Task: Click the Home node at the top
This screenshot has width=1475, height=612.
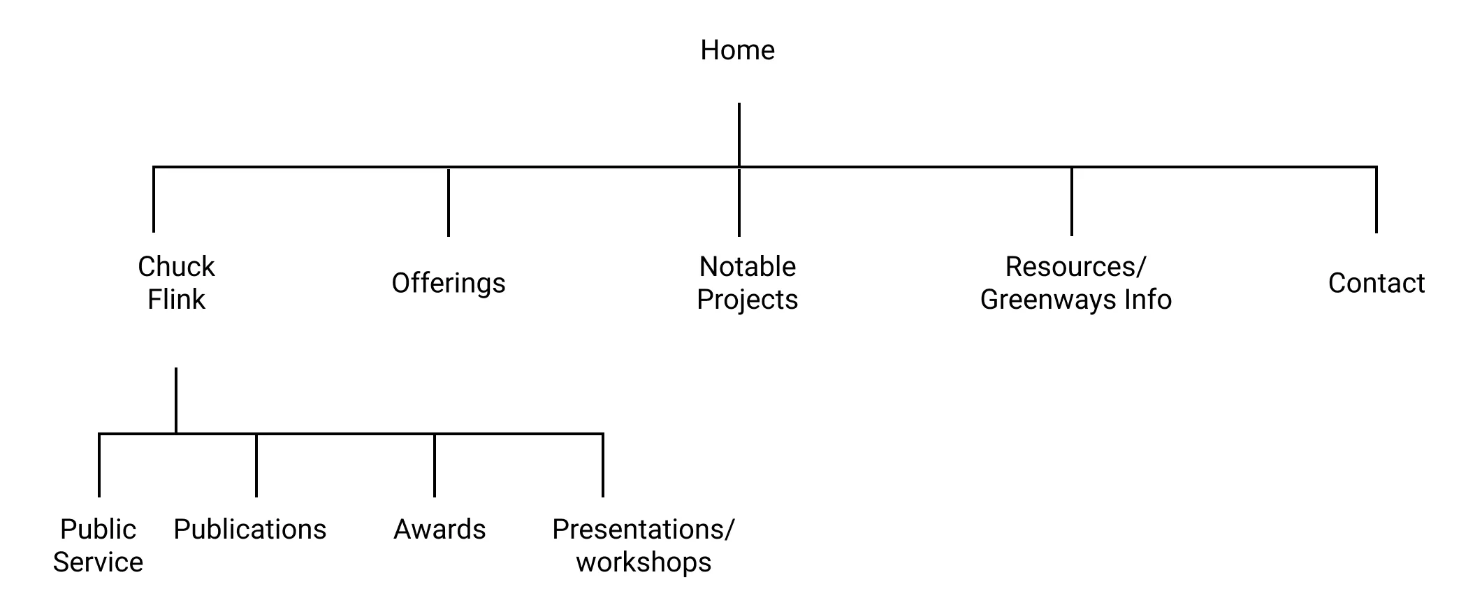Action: point(737,50)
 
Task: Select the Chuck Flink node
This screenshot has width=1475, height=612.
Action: point(176,282)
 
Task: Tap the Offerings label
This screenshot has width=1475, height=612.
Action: point(448,283)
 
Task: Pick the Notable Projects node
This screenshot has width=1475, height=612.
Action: point(747,282)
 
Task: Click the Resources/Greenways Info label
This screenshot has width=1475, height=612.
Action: point(1075,282)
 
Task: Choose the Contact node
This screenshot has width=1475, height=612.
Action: point(1376,283)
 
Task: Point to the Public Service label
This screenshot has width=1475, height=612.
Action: point(98,545)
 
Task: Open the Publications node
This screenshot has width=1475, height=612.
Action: point(249,529)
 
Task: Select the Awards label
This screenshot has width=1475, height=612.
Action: point(439,529)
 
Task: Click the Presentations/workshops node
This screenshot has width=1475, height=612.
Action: point(643,545)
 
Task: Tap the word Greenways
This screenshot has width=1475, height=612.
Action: point(1048,300)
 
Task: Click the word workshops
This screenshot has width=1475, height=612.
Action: point(643,562)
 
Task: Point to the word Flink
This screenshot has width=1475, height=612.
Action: point(176,300)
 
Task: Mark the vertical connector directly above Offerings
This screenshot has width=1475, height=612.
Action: point(448,202)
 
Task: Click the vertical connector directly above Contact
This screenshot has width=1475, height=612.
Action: point(1376,200)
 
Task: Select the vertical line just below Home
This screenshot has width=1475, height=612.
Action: point(739,134)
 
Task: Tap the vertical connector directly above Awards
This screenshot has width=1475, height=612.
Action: point(434,465)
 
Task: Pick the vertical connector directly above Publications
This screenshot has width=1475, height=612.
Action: point(256,465)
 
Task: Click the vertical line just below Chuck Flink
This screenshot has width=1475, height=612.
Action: point(175,400)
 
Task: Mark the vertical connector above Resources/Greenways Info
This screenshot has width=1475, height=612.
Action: point(1071,201)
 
